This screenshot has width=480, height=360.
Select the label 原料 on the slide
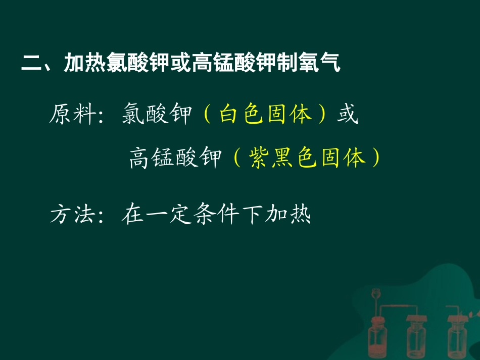point(72,115)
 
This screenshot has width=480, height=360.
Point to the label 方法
point(72,216)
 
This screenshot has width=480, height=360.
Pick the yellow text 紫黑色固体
point(308,158)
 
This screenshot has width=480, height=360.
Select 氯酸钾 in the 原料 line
point(156,115)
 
